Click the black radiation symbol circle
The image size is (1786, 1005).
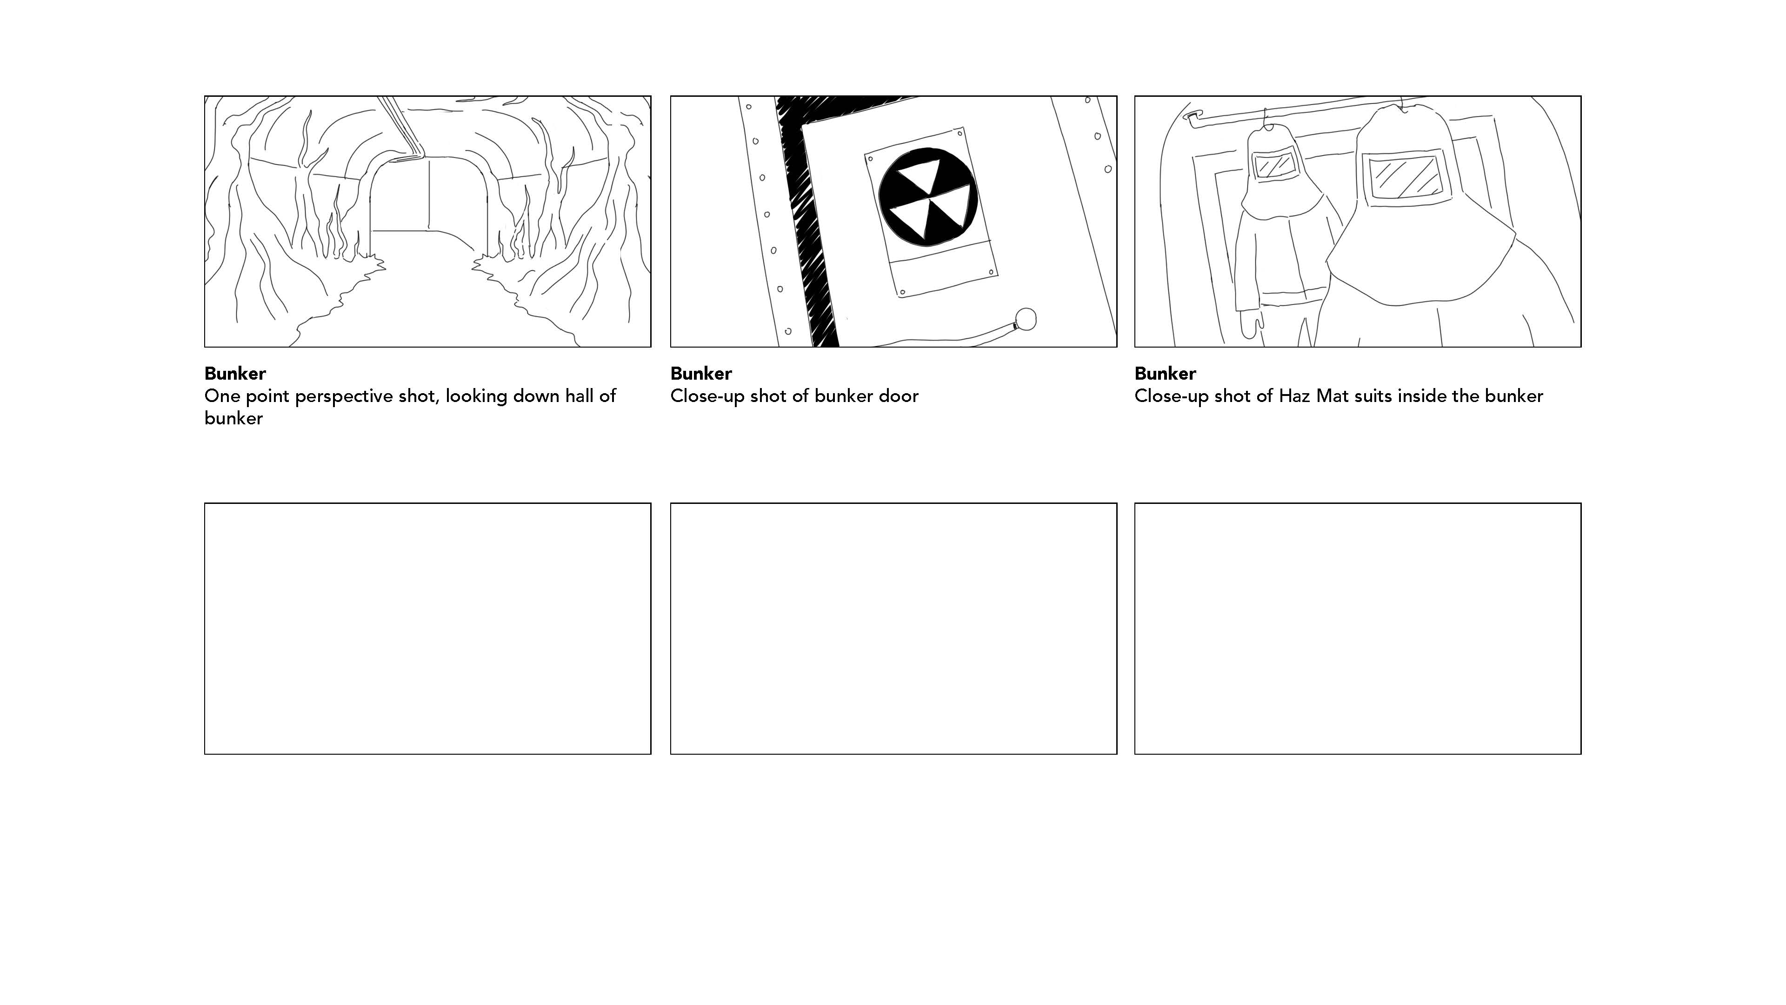pyautogui.click(x=928, y=197)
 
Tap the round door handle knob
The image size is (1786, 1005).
pyautogui.click(x=1026, y=320)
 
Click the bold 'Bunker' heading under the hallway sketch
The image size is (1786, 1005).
pyautogui.click(x=235, y=374)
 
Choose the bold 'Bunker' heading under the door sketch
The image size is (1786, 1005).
pyautogui.click(x=701, y=374)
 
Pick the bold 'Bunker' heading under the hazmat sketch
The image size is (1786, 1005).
pyautogui.click(x=1166, y=374)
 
